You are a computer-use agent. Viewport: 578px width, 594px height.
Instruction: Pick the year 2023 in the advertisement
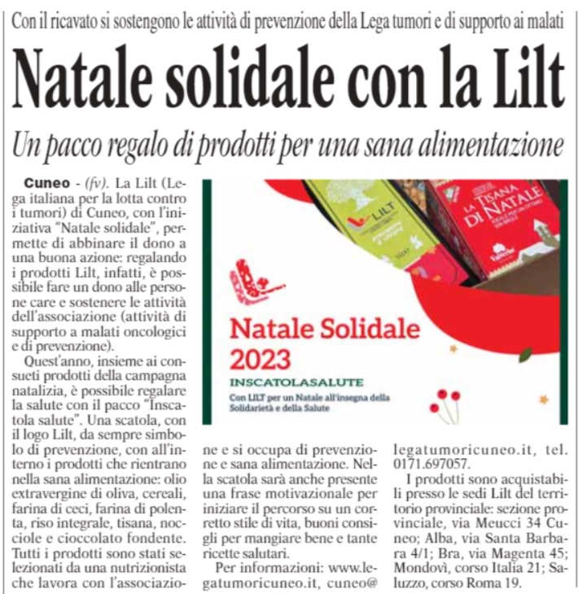[264, 357]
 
